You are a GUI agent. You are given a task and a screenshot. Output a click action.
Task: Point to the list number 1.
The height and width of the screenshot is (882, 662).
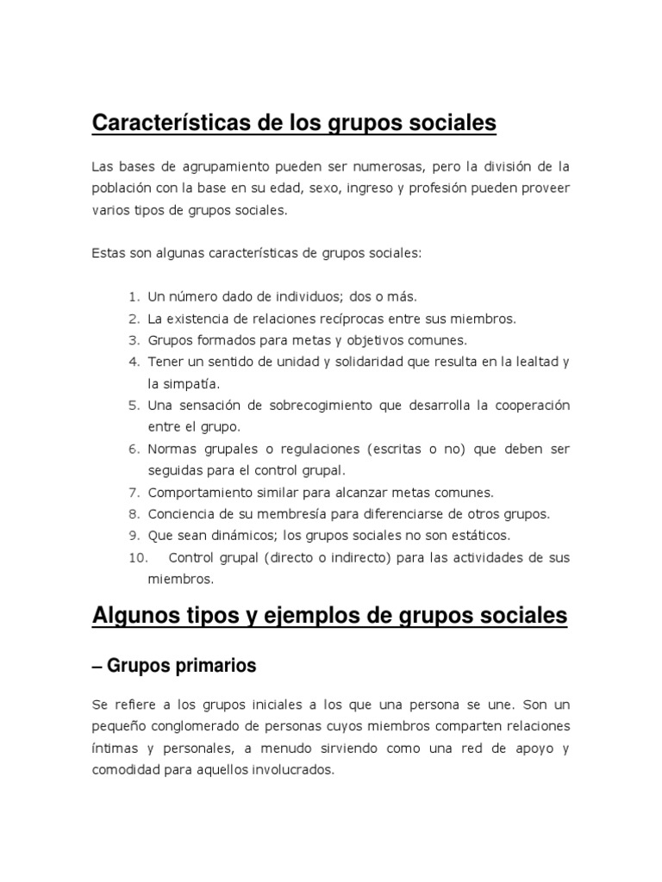[x=134, y=297]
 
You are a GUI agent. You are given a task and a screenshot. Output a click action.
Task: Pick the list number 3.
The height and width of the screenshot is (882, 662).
[x=134, y=340]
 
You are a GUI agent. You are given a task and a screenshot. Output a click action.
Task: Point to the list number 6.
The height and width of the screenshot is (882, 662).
[x=134, y=450]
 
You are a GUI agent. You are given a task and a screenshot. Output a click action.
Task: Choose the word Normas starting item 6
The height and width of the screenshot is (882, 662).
[x=172, y=450]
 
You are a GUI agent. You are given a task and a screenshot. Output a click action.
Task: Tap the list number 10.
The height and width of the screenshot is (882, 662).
[x=138, y=558]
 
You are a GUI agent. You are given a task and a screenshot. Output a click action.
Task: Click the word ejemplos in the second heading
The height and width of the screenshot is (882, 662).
[x=297, y=616]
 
